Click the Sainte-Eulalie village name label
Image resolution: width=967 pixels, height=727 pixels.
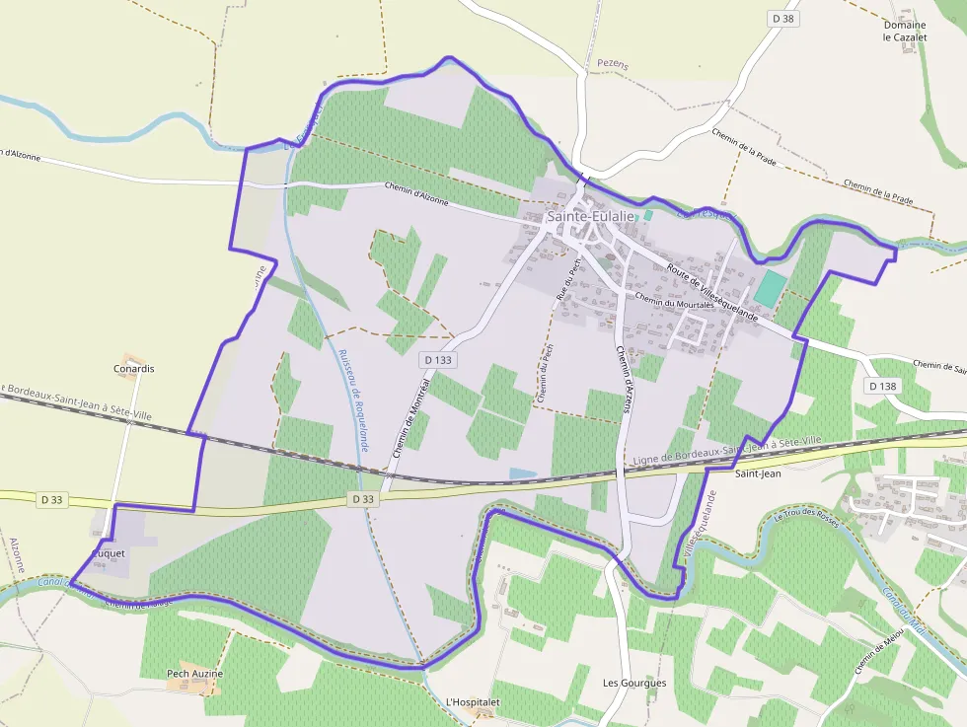(591, 216)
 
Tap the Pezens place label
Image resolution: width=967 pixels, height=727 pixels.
(612, 65)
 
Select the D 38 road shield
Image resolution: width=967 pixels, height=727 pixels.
(782, 19)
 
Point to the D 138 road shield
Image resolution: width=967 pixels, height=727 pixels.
(882, 386)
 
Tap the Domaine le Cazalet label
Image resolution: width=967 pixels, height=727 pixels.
(904, 31)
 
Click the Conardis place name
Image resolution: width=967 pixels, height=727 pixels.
(134, 369)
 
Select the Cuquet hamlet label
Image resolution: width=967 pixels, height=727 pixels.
(108, 554)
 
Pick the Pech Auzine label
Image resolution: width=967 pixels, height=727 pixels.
(194, 674)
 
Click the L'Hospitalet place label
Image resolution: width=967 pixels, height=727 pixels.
(474, 702)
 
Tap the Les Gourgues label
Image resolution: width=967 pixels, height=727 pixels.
(634, 683)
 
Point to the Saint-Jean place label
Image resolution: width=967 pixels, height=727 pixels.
(758, 473)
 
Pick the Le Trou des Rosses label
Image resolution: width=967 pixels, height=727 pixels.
(806, 517)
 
